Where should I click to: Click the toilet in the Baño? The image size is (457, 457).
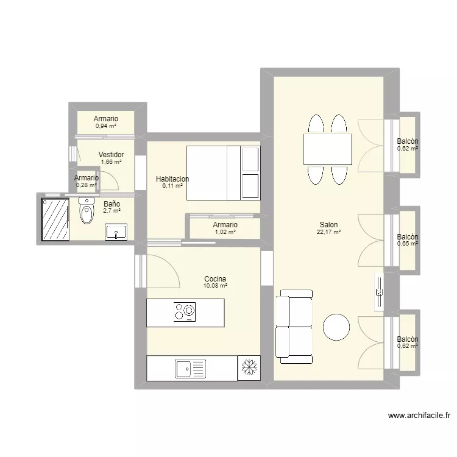click(87, 213)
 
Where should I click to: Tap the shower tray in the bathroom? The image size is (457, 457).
click(55, 218)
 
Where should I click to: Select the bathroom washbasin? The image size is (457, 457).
click(116, 232)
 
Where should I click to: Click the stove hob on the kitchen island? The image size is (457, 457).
click(185, 311)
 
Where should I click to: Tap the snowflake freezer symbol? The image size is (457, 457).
click(249, 368)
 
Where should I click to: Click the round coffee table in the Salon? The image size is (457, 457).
click(336, 327)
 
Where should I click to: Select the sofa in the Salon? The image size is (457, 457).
click(294, 324)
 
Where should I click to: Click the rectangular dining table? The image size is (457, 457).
click(328, 149)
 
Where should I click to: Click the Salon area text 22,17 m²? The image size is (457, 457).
click(328, 232)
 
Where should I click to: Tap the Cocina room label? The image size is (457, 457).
click(216, 278)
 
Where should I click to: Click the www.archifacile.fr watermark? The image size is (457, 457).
click(419, 416)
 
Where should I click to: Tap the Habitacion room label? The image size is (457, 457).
click(172, 179)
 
